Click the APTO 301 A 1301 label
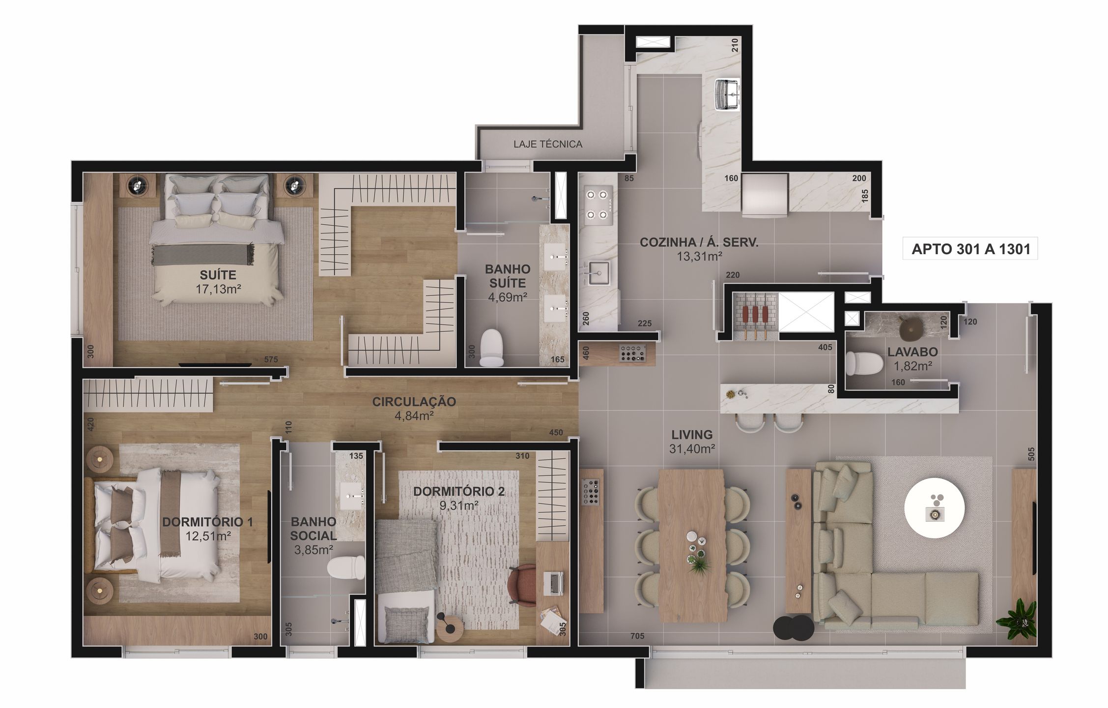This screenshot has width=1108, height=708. click(970, 249)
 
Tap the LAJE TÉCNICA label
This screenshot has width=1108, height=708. click(548, 144)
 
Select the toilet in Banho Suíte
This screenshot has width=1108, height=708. click(491, 348)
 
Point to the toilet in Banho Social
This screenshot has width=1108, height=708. click(346, 568)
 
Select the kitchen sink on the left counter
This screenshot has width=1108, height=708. click(599, 273)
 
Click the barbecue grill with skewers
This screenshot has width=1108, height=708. click(754, 317)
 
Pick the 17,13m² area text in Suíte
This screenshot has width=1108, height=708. click(218, 289)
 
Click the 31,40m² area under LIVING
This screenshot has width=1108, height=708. click(692, 448)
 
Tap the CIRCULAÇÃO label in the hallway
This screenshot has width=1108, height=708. click(414, 402)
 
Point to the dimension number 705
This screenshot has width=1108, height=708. click(637, 636)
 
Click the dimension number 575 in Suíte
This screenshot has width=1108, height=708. click(271, 359)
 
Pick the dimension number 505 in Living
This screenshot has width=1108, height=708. click(1031, 454)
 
